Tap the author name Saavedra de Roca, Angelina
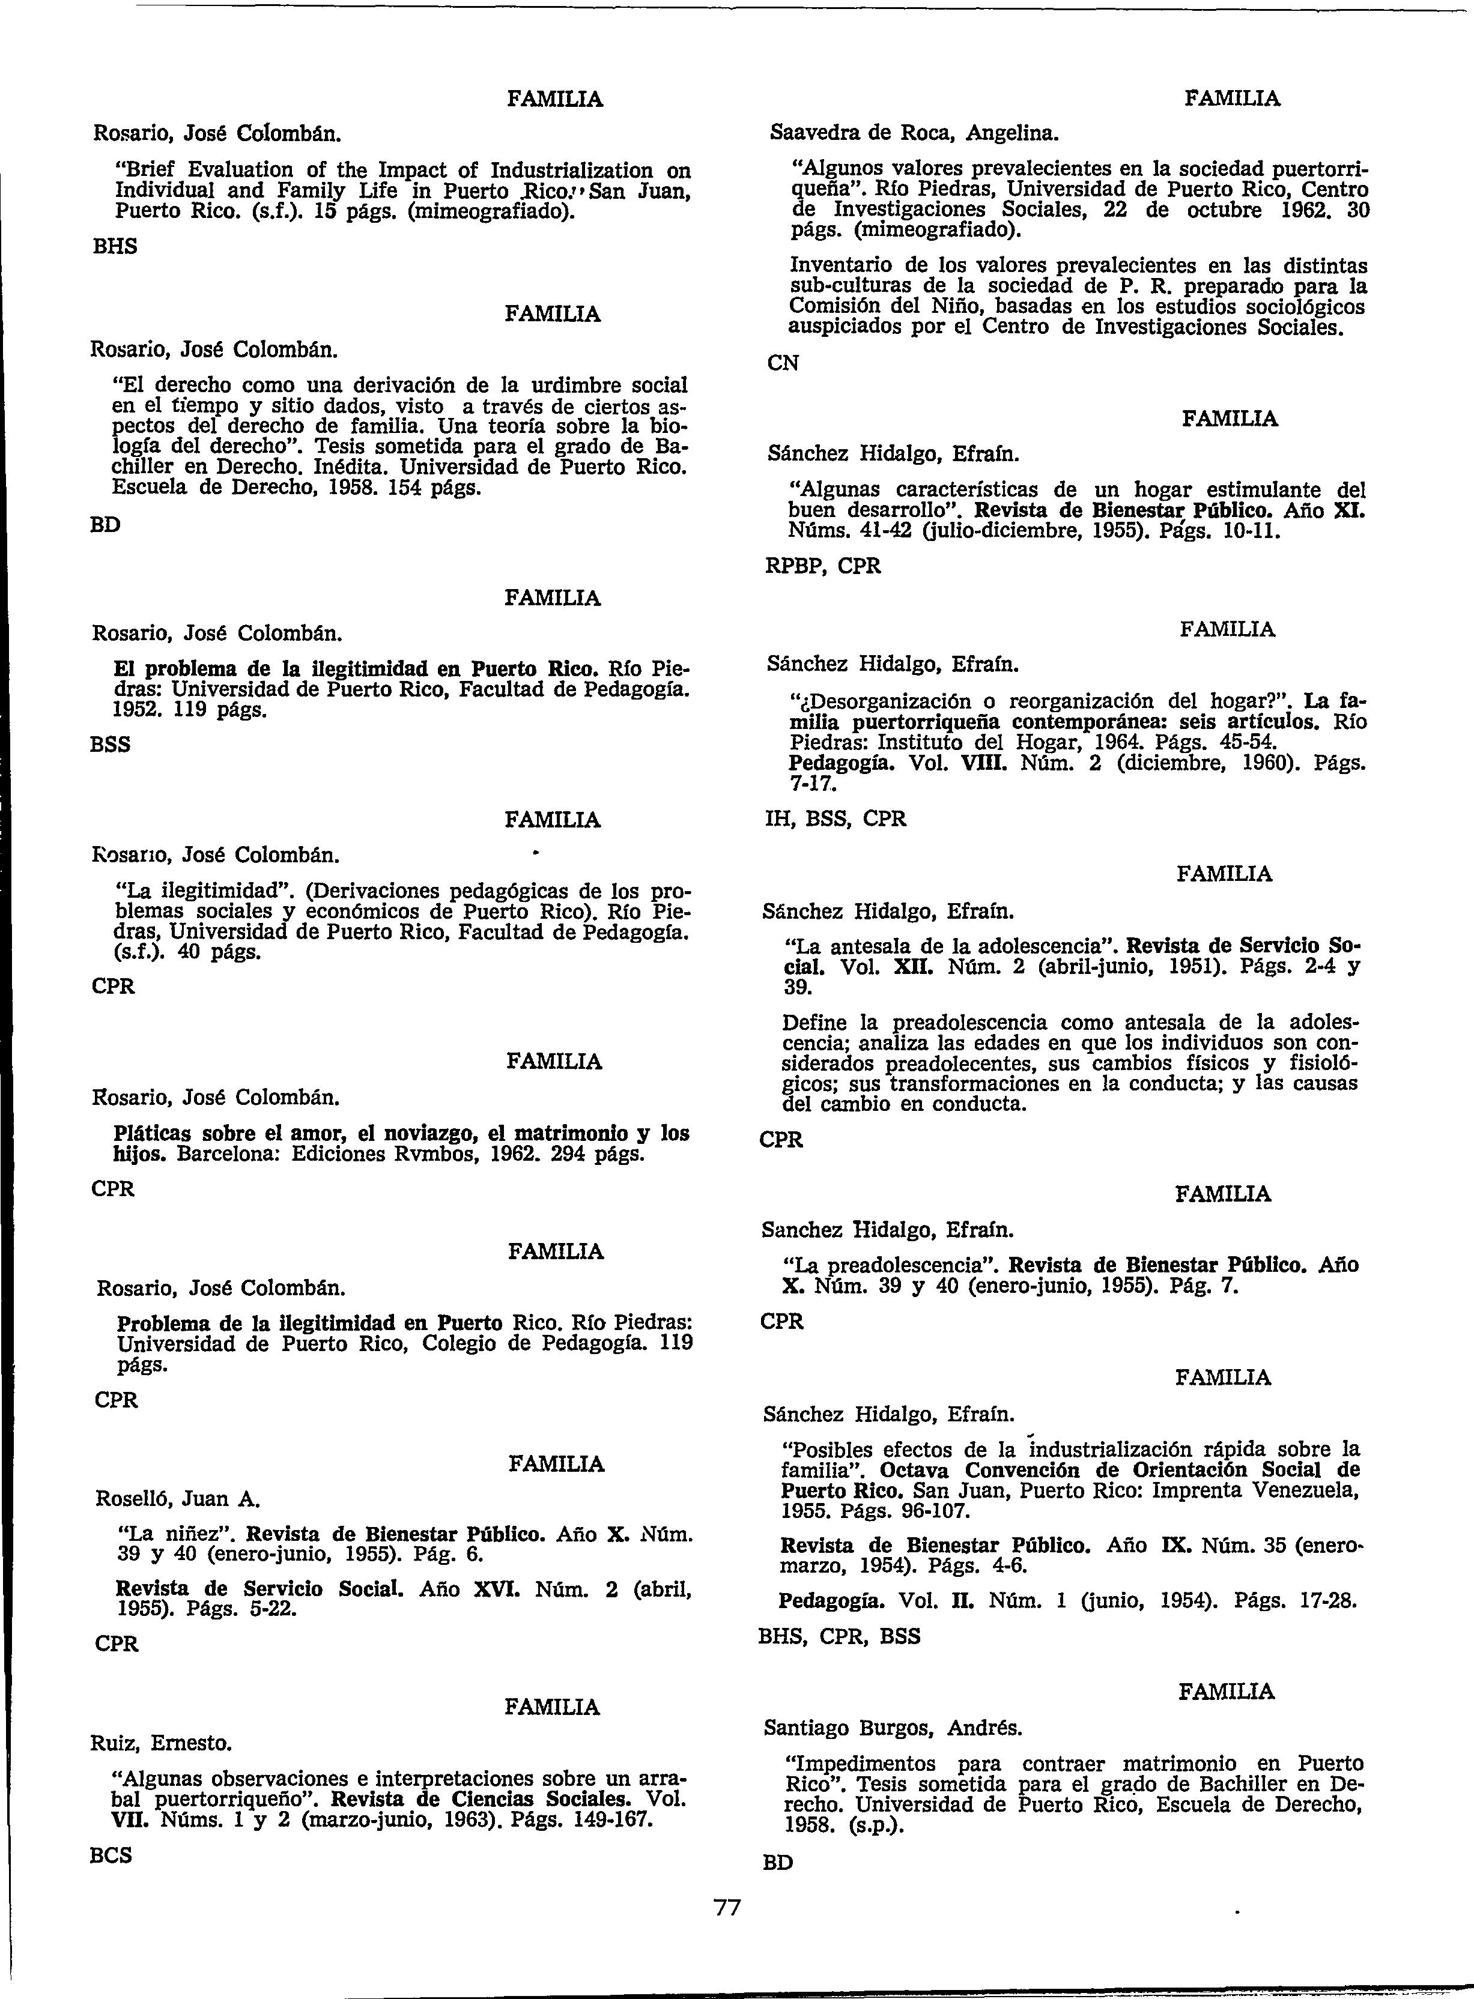coord(914,134)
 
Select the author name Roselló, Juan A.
coord(177,1499)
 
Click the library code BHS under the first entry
coord(115,247)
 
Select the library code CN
coord(783,363)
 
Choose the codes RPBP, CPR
coord(823,566)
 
